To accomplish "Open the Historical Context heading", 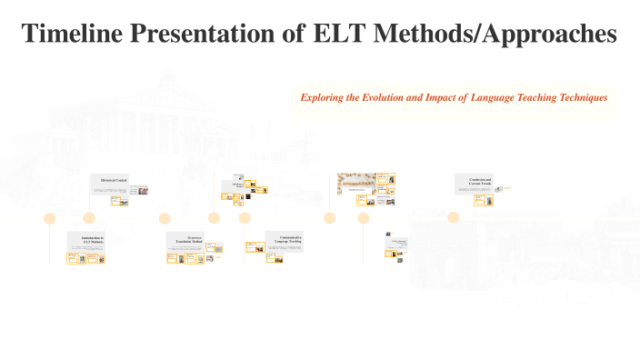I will click(x=114, y=181).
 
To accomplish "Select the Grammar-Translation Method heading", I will click(x=189, y=239).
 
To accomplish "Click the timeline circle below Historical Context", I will click(x=89, y=218).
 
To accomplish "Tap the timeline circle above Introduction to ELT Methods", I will click(x=50, y=218).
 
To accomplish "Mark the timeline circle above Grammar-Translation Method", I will click(x=165, y=218).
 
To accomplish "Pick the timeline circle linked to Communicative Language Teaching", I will click(x=245, y=218).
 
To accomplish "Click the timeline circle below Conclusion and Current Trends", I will click(x=453, y=217).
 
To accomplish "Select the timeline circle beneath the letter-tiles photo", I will click(x=330, y=218).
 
